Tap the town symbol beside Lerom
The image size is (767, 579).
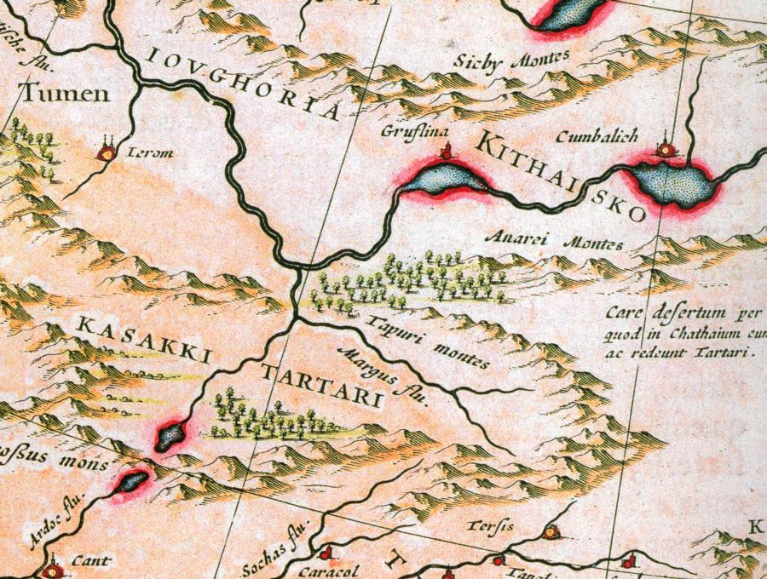[x=107, y=152]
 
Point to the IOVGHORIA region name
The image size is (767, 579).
[x=243, y=85]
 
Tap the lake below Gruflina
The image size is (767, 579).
[x=444, y=179]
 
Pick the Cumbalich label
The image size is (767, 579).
[x=596, y=136]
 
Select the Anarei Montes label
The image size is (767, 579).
[x=553, y=241]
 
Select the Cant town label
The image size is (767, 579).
[x=84, y=562]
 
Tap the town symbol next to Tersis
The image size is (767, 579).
[x=551, y=532]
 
